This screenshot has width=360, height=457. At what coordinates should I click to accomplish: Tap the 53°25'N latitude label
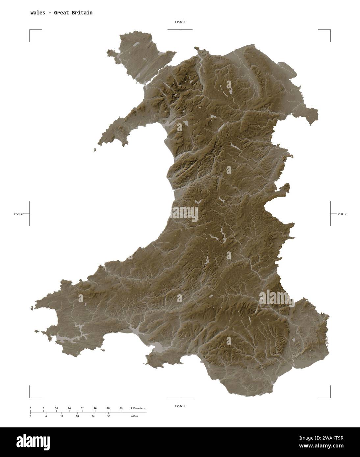[180, 22]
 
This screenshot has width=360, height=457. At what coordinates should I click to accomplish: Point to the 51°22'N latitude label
[180, 406]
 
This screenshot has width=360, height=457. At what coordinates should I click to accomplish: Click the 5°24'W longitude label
[18, 214]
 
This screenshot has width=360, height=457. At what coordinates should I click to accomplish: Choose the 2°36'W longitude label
[342, 214]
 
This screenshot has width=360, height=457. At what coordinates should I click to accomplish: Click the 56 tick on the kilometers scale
[121, 408]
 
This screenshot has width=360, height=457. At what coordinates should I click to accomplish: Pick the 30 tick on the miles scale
[109, 416]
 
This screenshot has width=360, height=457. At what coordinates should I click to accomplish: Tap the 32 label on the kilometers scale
[82, 408]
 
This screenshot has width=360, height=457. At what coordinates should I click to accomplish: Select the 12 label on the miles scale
[62, 416]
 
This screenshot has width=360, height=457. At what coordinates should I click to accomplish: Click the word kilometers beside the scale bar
[138, 408]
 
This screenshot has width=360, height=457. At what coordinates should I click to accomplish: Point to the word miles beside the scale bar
[134, 416]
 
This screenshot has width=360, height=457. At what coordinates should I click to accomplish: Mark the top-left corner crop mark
[30, 30]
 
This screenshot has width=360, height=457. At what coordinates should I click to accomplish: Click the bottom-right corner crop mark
[330, 397]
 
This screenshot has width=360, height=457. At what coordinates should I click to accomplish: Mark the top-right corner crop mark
[330, 30]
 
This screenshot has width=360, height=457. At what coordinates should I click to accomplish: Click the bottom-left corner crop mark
[30, 397]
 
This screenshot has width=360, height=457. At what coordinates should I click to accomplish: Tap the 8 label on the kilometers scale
[43, 408]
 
